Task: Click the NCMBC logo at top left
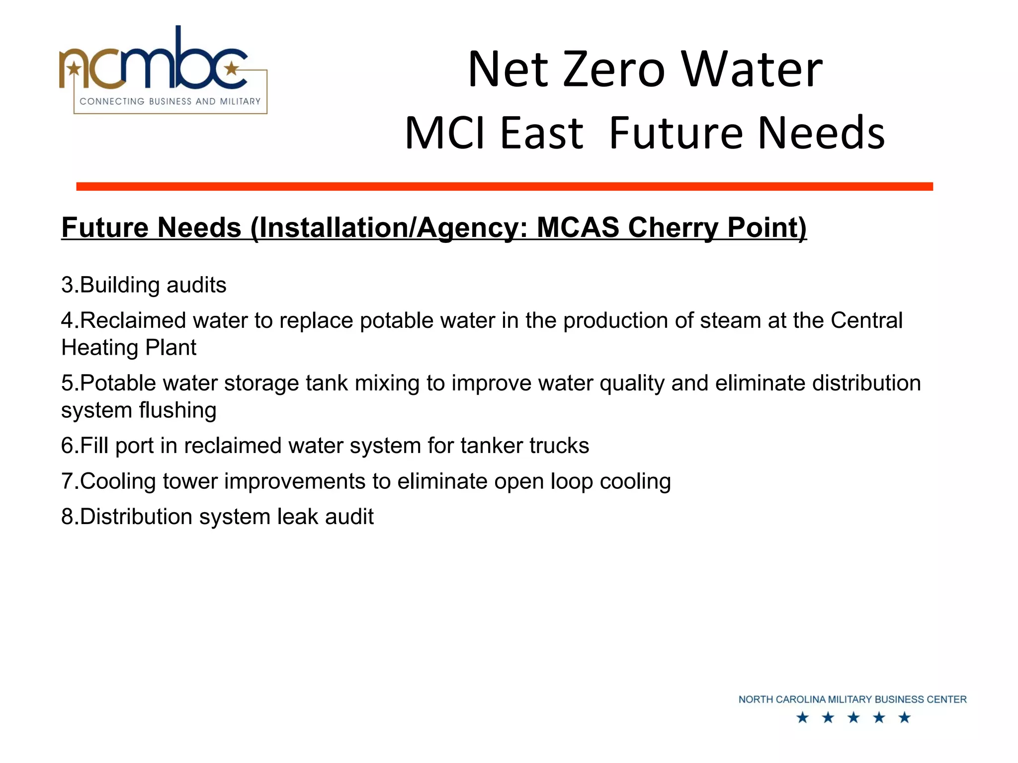click(163, 70)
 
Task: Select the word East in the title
click(541, 133)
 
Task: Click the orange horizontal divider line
click(504, 186)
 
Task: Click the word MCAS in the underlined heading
click(578, 228)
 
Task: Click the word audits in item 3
click(196, 285)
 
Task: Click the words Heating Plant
click(129, 348)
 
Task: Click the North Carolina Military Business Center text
click(852, 699)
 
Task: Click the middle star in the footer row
click(853, 718)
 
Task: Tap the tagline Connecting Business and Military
click(170, 101)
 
